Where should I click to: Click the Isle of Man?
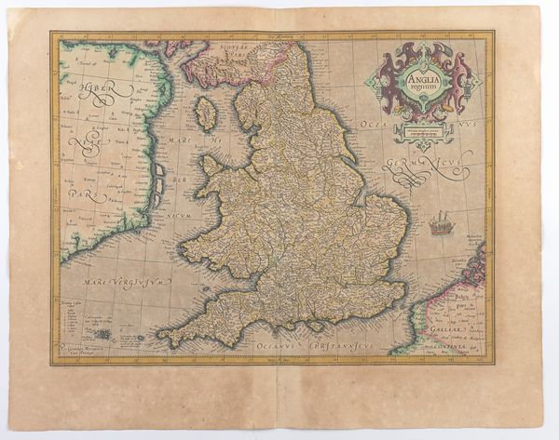coord(206,113)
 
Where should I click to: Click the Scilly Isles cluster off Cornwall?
coord(104,334)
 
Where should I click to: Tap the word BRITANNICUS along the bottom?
coord(331,345)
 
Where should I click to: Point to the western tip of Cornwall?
coord(159,334)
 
